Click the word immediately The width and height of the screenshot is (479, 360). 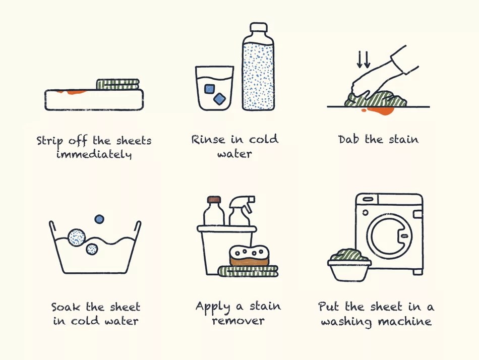tap(94, 154)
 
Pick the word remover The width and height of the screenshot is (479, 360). tap(238, 321)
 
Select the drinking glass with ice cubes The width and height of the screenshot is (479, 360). tap(214, 88)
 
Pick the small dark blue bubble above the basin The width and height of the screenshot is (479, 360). tap(99, 219)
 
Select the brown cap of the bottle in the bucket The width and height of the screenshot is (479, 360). tap(214, 200)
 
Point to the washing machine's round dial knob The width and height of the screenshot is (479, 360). tap(365, 212)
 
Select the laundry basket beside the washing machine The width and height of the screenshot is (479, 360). tap(349, 265)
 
